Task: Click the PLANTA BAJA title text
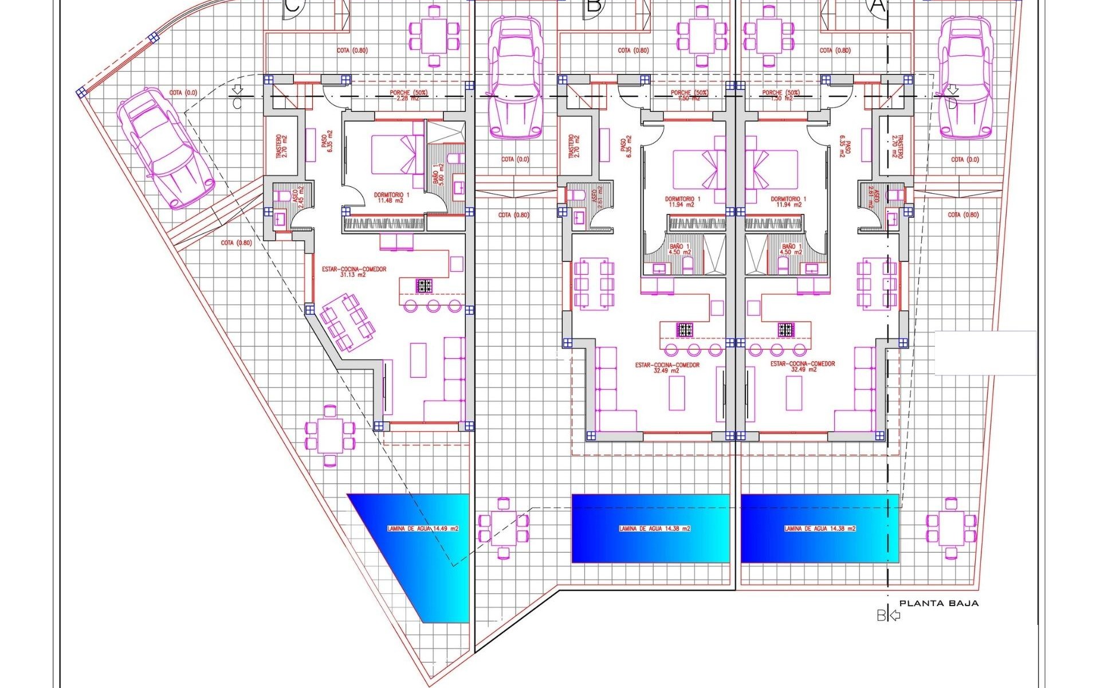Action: (x=938, y=603)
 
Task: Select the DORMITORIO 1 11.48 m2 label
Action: (x=391, y=198)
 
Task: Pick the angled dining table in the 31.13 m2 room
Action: (x=347, y=322)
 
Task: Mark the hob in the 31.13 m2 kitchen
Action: (x=424, y=285)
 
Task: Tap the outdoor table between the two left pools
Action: (x=504, y=528)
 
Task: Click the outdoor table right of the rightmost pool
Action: (x=951, y=528)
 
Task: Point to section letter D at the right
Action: (x=952, y=104)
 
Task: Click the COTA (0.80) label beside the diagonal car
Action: (x=235, y=243)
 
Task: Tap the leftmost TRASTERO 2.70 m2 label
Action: (x=281, y=146)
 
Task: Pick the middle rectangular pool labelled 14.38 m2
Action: (x=650, y=528)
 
